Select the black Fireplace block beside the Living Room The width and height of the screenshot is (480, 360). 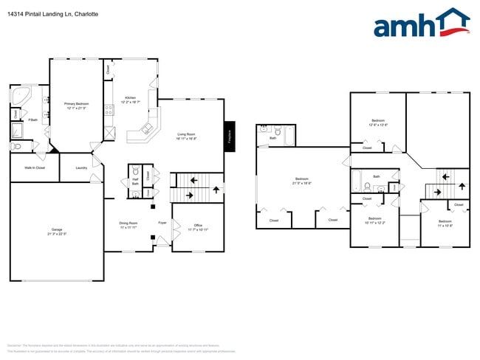(229, 136)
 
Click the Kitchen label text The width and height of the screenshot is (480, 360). (130, 97)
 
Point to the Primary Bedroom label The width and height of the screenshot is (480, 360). (76, 104)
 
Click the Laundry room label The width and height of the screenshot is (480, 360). (81, 167)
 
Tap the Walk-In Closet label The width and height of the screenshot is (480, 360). (35, 167)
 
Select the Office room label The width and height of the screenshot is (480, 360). (198, 226)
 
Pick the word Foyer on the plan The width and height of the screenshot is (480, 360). (162, 222)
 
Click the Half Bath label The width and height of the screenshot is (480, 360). (135, 181)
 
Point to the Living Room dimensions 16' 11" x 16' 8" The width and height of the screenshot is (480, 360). (186, 138)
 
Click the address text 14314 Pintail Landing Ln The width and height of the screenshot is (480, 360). (52, 14)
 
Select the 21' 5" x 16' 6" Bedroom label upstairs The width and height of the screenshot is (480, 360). (302, 182)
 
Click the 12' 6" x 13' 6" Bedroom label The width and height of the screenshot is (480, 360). (378, 125)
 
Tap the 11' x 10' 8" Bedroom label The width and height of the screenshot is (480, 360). (445, 224)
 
